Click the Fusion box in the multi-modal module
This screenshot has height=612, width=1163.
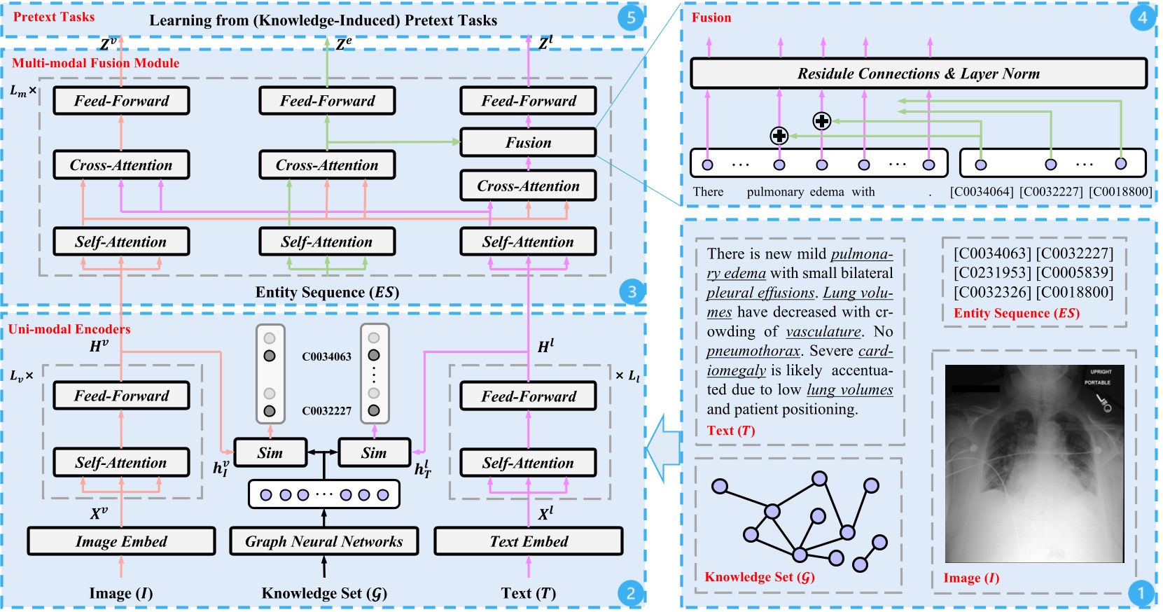528,143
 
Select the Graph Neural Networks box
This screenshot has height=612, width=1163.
323,541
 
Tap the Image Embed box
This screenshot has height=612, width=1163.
121,541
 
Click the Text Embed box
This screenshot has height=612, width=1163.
529,541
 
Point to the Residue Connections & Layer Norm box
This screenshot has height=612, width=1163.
918,74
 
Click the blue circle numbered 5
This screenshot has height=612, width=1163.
631,18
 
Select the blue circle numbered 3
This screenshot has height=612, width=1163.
631,291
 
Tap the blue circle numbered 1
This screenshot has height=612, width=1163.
1141,594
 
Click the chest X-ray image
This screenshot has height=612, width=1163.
1034,464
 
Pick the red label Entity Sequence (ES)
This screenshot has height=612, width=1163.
1016,313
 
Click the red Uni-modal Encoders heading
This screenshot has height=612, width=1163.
69,329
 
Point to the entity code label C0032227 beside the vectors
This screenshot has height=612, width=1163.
326,411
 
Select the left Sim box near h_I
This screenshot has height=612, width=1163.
270,453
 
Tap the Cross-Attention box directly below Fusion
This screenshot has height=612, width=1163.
528,186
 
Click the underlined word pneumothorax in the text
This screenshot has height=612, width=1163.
753,351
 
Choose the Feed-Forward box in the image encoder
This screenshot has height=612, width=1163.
121,396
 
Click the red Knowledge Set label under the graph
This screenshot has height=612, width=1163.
760,577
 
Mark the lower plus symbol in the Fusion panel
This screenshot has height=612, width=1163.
779,136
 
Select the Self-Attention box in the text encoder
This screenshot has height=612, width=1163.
528,463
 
